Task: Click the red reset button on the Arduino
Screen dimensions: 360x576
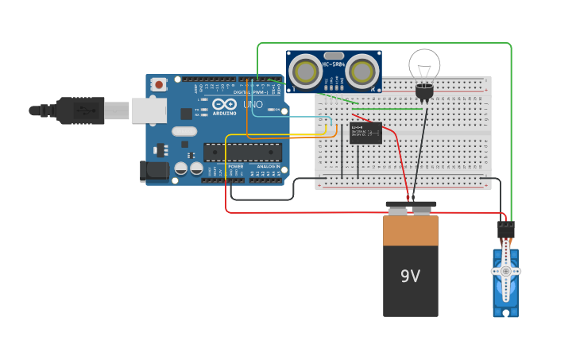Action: point(159,83)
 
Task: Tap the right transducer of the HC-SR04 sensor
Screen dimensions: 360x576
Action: point(361,72)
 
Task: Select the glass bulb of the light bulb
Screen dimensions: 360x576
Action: point(424,64)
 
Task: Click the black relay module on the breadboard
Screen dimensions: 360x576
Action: point(365,133)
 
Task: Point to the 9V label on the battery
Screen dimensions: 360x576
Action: point(410,277)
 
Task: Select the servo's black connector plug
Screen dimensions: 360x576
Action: point(506,230)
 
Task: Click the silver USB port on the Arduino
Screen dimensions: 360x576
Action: point(149,110)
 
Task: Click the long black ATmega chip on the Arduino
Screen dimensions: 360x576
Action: point(242,152)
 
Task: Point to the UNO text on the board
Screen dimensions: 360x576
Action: point(252,104)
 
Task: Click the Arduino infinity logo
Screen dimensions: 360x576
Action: point(224,104)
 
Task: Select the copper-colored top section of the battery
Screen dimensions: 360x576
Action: point(410,230)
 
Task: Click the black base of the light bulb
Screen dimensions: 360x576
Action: point(424,93)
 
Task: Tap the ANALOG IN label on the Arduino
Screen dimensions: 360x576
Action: point(267,166)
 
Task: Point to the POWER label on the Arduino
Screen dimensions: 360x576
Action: point(236,166)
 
